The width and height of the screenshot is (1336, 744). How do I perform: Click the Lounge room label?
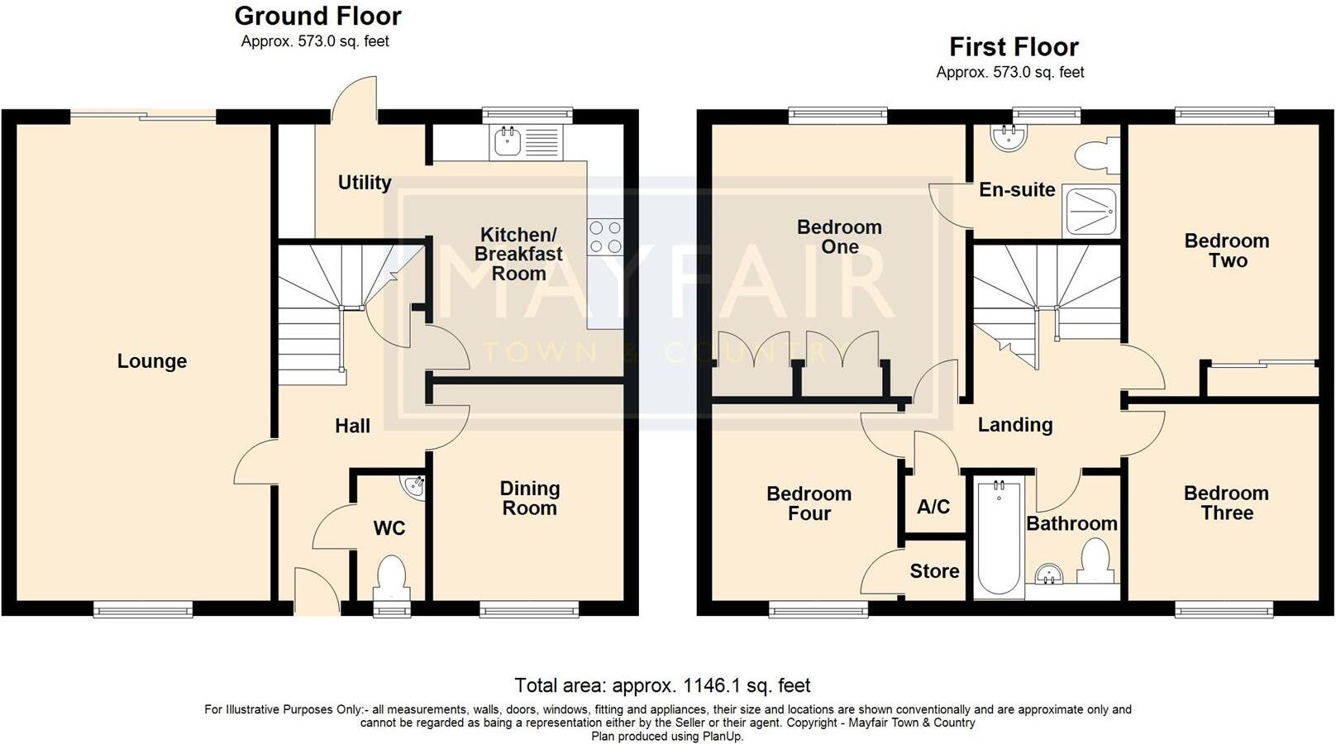(x=151, y=361)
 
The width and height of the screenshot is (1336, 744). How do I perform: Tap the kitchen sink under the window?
(x=526, y=142)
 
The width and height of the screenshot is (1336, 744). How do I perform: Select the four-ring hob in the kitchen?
(x=605, y=237)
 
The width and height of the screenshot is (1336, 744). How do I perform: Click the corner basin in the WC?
(x=414, y=487)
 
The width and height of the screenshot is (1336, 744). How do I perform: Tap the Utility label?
(x=365, y=183)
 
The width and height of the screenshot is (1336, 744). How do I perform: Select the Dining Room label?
(x=530, y=498)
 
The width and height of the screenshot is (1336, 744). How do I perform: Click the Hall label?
(x=352, y=426)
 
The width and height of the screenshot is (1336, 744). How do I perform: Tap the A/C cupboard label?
(x=933, y=507)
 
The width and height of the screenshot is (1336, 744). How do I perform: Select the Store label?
(x=934, y=571)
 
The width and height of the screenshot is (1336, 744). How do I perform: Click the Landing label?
(x=1015, y=424)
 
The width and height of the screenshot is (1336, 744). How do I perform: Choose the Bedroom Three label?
(x=1227, y=503)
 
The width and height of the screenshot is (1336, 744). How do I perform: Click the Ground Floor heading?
(x=318, y=16)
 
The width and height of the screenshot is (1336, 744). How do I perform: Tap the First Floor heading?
(x=1014, y=46)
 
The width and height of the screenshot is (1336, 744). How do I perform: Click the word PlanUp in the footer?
(x=722, y=737)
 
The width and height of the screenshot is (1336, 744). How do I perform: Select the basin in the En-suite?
(x=1009, y=136)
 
